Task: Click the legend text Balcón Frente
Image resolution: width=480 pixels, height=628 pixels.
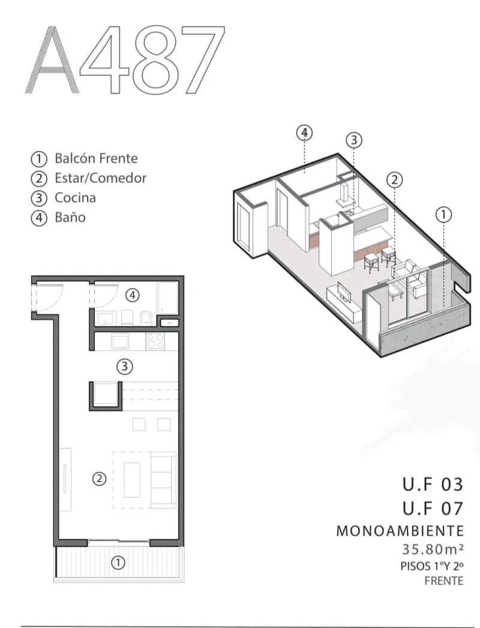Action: pos(96,159)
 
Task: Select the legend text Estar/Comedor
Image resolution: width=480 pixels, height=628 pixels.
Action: pos(100,178)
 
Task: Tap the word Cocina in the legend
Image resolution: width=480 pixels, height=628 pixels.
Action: pos(75,198)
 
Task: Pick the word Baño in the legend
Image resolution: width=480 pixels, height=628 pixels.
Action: pos(70,217)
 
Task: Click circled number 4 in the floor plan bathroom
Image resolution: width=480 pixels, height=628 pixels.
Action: pos(133,294)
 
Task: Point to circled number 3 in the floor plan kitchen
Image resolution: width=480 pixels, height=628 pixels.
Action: pos(124,366)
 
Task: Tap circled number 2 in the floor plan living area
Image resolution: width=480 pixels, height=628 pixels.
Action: pos(100,478)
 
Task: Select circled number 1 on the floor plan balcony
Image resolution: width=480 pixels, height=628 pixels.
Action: pos(119,563)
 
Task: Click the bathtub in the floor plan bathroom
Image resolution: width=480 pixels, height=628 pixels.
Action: pos(166,298)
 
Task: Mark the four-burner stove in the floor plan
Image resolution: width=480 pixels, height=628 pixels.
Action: pos(155,342)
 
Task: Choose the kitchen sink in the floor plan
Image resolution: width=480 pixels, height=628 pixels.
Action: pos(119,342)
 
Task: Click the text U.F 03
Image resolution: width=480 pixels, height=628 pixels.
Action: pos(433,484)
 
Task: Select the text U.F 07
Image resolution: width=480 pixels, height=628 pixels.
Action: pos(433,509)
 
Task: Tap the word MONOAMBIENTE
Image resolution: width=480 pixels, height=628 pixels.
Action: pos(400,531)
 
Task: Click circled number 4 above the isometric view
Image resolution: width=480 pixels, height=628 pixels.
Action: pos(305,133)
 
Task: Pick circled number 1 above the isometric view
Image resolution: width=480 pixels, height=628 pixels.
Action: pos(443,214)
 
